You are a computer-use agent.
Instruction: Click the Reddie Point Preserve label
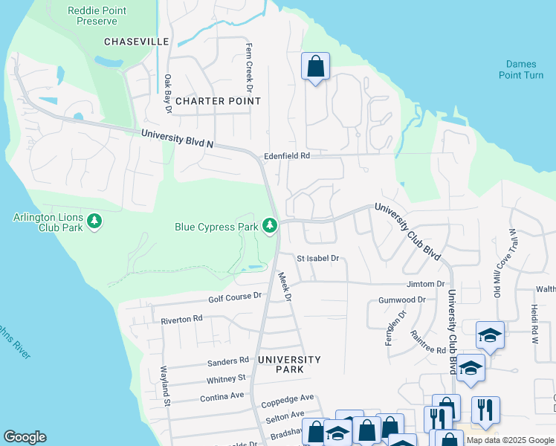(97, 16)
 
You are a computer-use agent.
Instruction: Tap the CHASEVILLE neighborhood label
(137, 42)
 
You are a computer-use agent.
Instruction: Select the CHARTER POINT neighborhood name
(210, 100)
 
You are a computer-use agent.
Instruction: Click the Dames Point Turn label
(520, 70)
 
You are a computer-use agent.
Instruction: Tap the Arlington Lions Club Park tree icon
(94, 221)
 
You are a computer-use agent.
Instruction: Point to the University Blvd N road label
(177, 138)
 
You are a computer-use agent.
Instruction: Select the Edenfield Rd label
(286, 156)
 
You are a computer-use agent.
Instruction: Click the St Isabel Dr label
(317, 259)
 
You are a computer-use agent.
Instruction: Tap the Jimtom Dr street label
(425, 284)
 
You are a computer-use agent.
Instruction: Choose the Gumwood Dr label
(401, 300)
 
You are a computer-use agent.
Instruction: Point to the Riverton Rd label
(181, 319)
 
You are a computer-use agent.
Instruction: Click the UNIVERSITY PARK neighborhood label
(289, 364)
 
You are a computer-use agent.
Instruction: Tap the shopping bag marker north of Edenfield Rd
(315, 66)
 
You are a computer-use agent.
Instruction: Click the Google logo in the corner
(25, 437)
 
